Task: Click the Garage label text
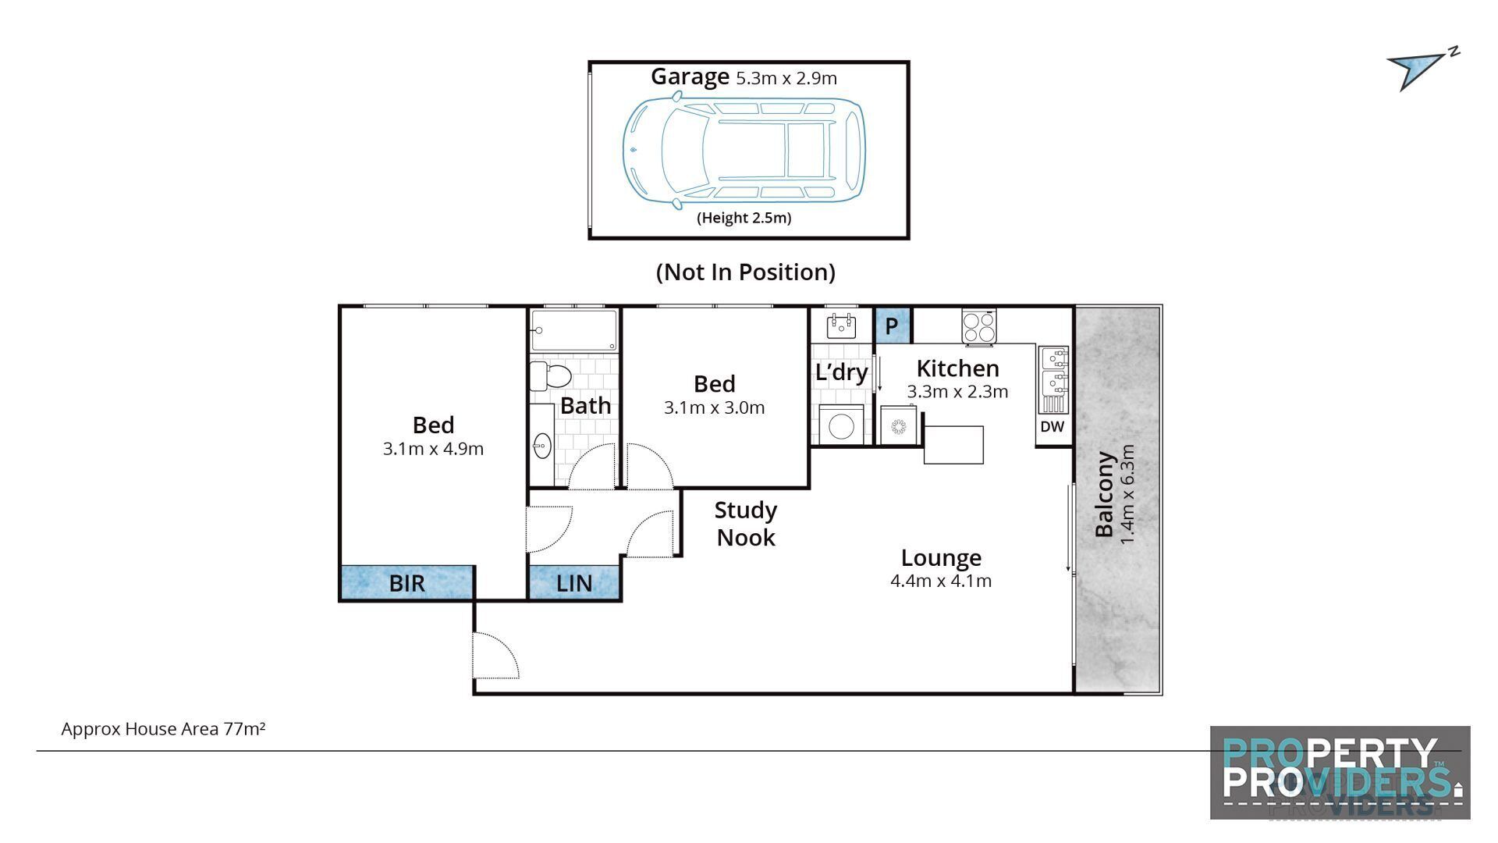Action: coord(690,76)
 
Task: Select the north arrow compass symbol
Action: coord(1418,69)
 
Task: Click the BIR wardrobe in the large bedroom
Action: coord(406,582)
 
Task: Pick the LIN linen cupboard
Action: coord(574,582)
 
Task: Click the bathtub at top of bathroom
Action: coord(574,329)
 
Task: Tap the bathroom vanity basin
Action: coord(541,446)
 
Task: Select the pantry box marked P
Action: coord(892,325)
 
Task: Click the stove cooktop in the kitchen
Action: coord(979,327)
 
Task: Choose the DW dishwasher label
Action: coord(1052,427)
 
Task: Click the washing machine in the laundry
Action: coord(841,426)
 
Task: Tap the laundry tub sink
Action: coord(841,325)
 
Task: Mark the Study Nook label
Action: coord(745,524)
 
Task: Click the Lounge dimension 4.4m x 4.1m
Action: coord(940,581)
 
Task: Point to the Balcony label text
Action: coord(1104,495)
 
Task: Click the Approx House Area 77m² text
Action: coord(163,729)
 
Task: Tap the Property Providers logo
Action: coord(1340,772)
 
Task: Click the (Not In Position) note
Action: coord(745,272)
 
